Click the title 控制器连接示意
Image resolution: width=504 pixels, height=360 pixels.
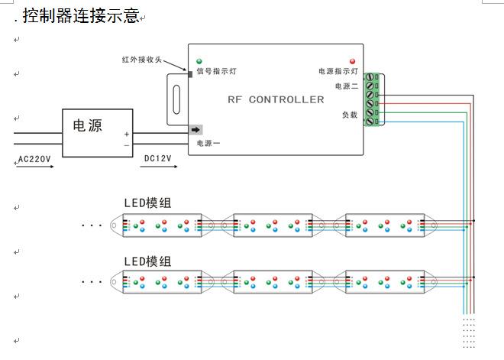[80, 16]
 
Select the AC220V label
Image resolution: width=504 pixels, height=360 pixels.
[34, 160]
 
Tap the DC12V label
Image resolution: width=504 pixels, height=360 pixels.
[158, 160]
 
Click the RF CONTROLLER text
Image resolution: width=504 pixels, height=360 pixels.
[276, 99]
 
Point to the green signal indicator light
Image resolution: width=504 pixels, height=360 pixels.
[199, 61]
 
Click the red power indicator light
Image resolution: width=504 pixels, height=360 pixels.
[352, 61]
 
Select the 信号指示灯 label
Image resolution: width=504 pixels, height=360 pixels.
[216, 72]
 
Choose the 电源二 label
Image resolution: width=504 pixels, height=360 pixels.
[346, 86]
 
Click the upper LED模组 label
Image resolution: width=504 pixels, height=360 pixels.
[147, 203]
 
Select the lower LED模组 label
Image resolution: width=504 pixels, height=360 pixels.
[147, 261]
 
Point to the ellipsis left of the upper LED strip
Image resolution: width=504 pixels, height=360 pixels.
[92, 225]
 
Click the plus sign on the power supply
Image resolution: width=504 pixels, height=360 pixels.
[127, 134]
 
